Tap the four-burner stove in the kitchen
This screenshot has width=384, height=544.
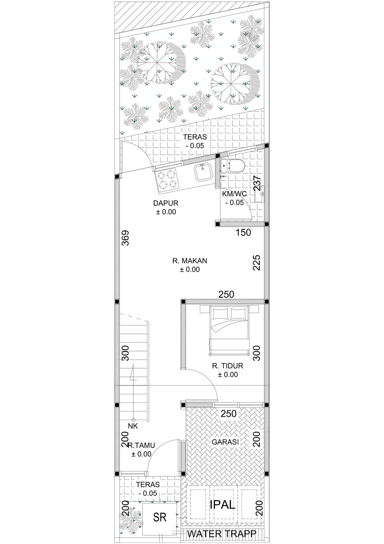pyautogui.click(x=166, y=180)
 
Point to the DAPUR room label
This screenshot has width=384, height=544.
pyautogui.click(x=166, y=203)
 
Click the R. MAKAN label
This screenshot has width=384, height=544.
pyautogui.click(x=190, y=261)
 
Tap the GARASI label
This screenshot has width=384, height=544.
pyautogui.click(x=225, y=442)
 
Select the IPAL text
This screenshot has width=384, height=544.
pyautogui.click(x=222, y=505)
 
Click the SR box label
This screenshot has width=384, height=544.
pyautogui.click(x=160, y=517)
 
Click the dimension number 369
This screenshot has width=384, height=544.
pyautogui.click(x=126, y=238)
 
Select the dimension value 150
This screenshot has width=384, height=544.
pyautogui.click(x=243, y=232)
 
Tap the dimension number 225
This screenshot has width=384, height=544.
pyautogui.click(x=256, y=262)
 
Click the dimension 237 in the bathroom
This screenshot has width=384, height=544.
pyautogui.click(x=256, y=183)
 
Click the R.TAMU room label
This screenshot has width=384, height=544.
pyautogui.click(x=141, y=445)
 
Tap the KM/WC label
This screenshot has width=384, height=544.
pyautogui.click(x=234, y=194)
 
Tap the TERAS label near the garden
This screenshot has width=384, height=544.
pyautogui.click(x=195, y=137)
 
